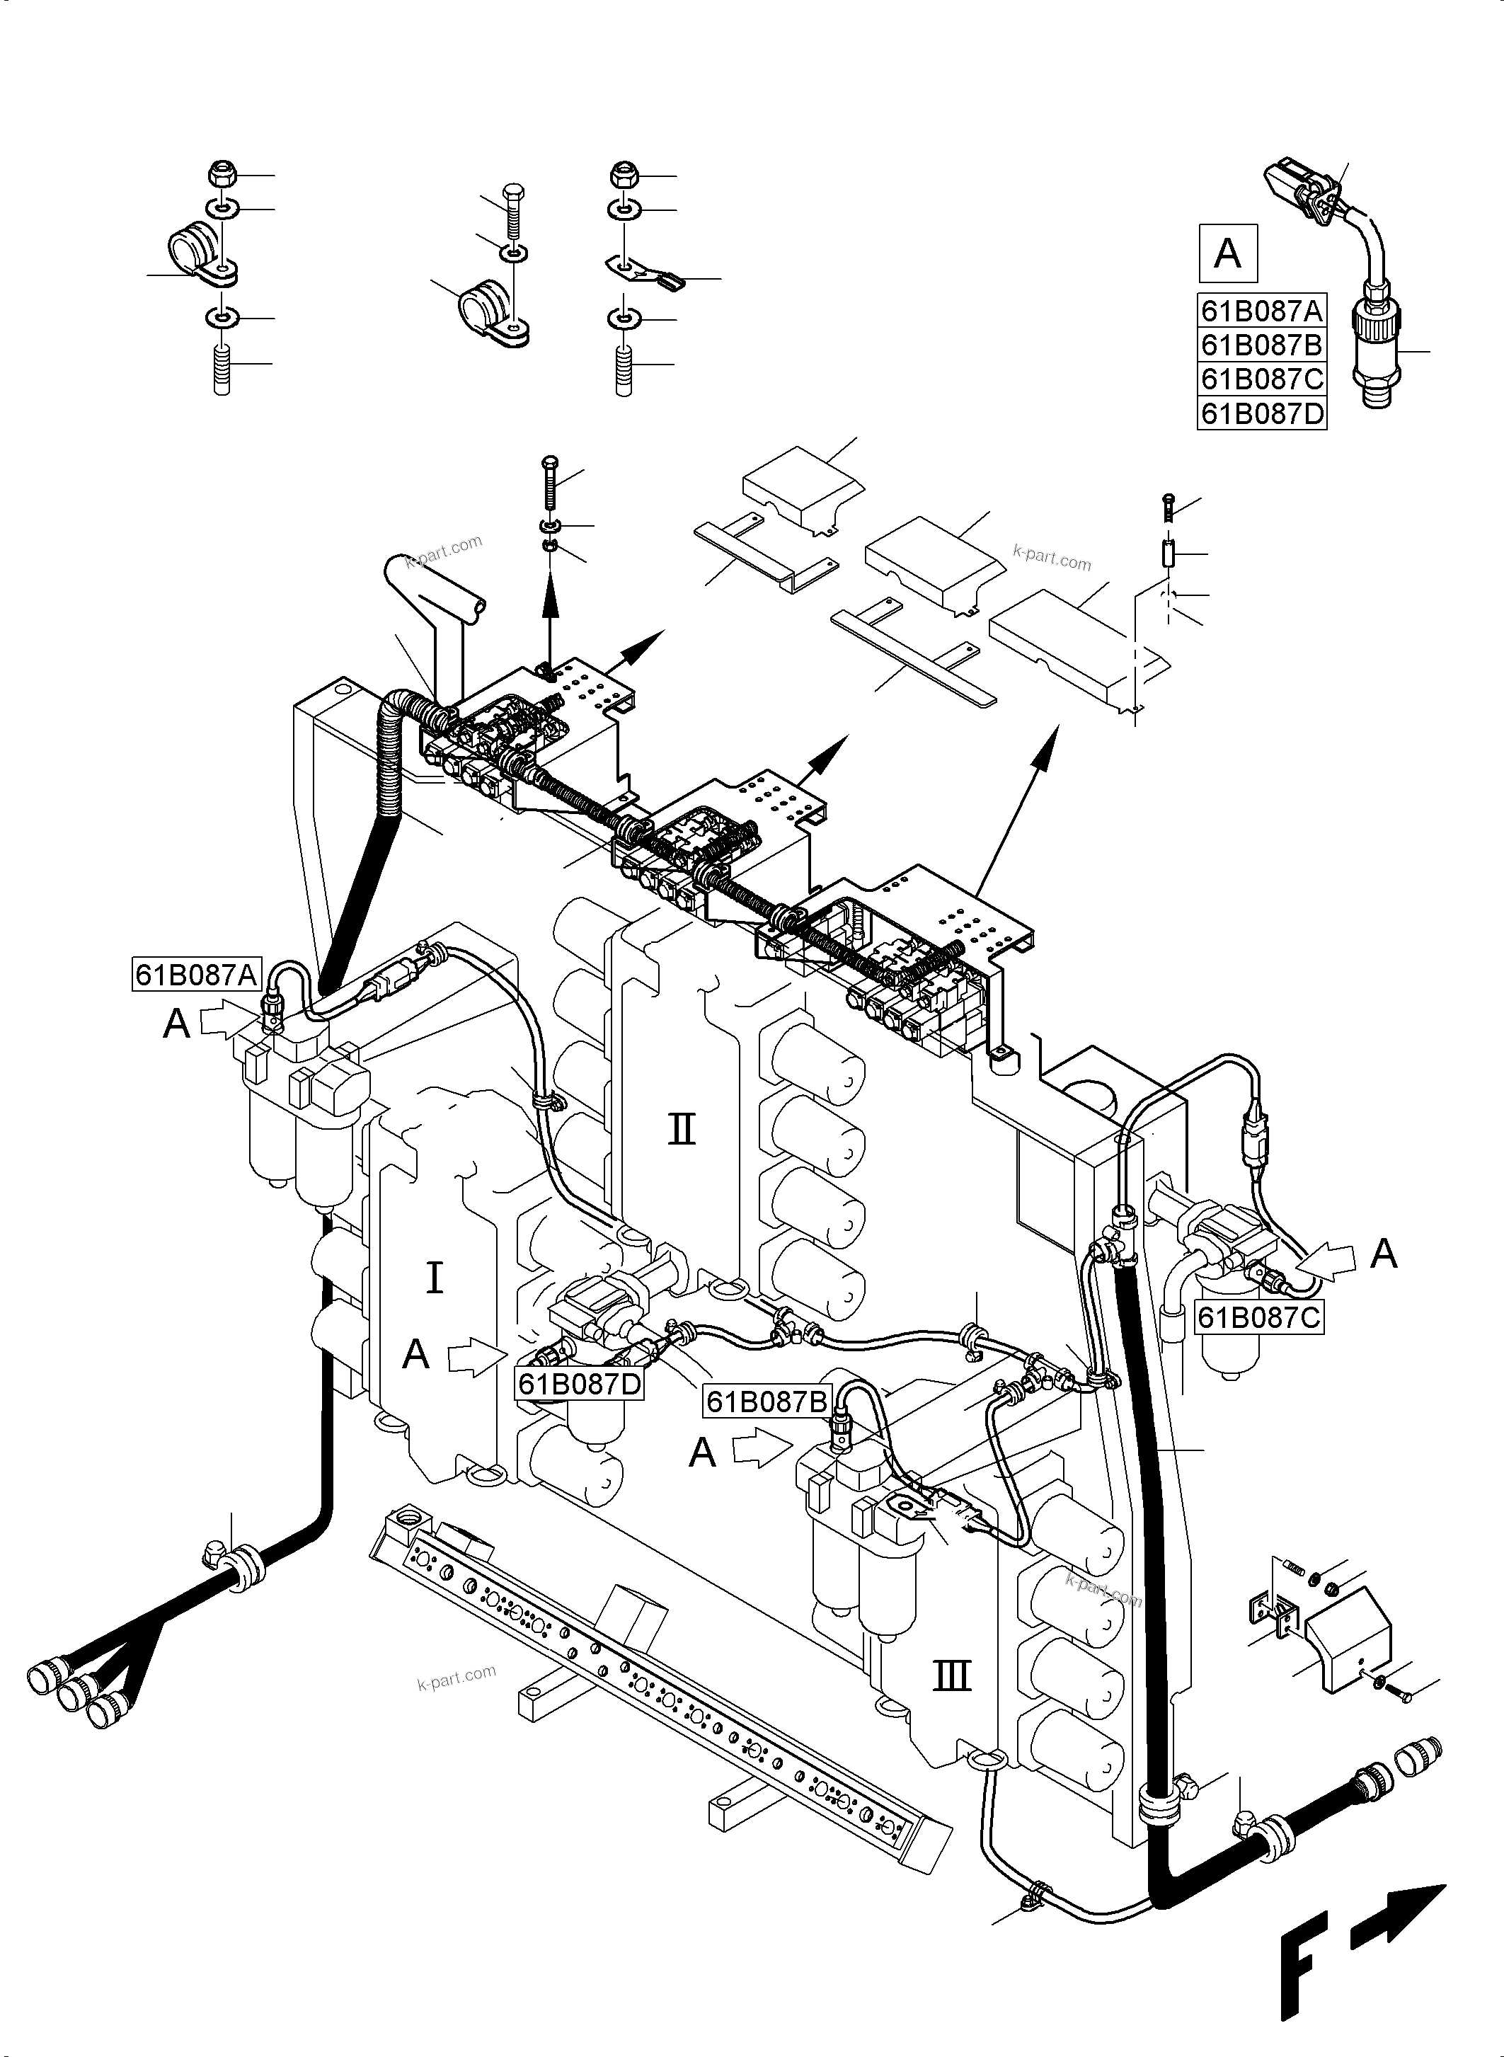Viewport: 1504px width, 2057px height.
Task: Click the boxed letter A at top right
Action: click(1227, 252)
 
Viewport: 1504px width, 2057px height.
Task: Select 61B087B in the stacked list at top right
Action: click(1261, 345)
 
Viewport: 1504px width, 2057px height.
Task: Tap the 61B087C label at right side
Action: click(1259, 1317)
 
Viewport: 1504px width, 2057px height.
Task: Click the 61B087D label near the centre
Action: click(579, 1384)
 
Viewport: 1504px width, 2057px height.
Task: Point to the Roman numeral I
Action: click(435, 1278)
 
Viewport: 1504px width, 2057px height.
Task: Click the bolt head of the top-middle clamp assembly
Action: click(512, 196)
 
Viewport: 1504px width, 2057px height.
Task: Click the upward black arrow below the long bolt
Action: click(549, 600)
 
